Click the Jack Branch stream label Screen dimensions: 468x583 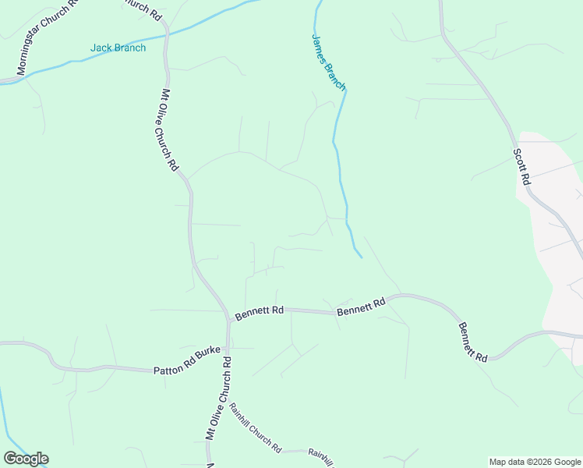tap(118, 48)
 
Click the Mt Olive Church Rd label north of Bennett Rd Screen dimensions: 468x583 tap(170, 129)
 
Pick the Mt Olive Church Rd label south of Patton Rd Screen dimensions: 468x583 tap(219, 399)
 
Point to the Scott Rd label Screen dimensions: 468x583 tap(521, 165)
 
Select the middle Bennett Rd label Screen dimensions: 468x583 tap(361, 307)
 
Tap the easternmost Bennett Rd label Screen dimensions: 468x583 tap(472, 341)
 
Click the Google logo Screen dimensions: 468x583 tap(26, 459)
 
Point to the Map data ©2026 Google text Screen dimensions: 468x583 tap(535, 462)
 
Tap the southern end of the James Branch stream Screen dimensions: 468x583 tap(362, 257)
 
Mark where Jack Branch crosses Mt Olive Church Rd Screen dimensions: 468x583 tap(166, 34)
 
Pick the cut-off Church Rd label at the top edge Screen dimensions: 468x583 tap(144, 7)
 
